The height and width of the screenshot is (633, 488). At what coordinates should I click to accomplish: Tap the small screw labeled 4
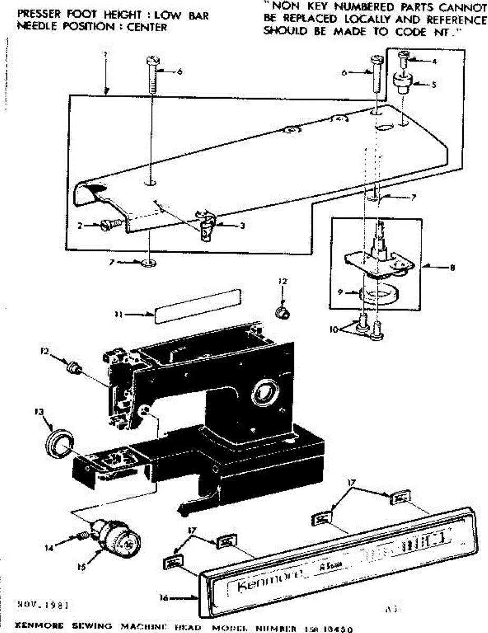(405, 60)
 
